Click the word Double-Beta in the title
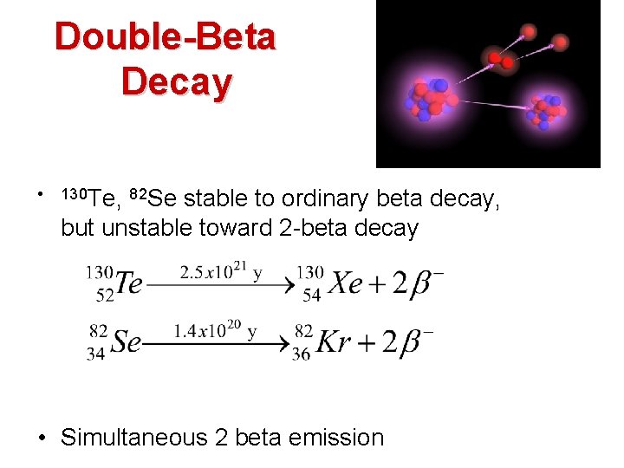[165, 36]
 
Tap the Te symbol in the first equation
[129, 283]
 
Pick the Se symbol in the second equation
[126, 341]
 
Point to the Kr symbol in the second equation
[335, 341]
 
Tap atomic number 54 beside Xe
[311, 296]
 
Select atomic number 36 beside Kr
[302, 354]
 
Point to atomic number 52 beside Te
[105, 296]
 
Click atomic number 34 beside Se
[98, 354]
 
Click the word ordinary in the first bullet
[322, 198]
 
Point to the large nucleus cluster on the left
[431, 96]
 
